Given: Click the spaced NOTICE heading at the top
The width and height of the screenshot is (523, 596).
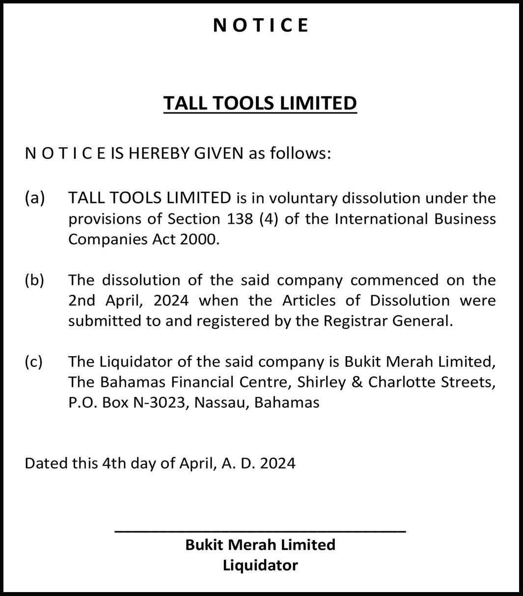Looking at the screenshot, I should [x=261, y=25].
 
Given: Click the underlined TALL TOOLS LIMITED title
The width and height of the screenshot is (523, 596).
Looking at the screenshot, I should [x=260, y=104].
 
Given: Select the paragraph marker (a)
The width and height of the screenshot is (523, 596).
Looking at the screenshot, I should [x=34, y=198].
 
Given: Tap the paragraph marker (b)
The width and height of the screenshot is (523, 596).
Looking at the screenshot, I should [x=34, y=280].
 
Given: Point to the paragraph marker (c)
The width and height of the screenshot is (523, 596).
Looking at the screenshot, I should [x=34, y=362].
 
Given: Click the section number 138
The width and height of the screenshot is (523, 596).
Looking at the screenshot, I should [x=240, y=218].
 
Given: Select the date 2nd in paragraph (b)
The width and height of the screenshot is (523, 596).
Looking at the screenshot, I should [x=81, y=300].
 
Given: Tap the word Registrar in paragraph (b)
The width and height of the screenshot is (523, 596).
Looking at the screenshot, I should [x=355, y=321].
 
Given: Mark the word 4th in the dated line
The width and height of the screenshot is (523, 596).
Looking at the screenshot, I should [x=114, y=463].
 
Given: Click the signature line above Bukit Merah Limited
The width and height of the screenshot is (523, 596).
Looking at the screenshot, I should [x=260, y=531].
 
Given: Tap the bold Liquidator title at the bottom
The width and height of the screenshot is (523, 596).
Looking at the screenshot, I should [x=260, y=565].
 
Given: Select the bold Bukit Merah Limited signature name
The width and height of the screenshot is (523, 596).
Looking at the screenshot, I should [x=260, y=544].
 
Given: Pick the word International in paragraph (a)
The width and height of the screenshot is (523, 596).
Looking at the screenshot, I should [x=381, y=218].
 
